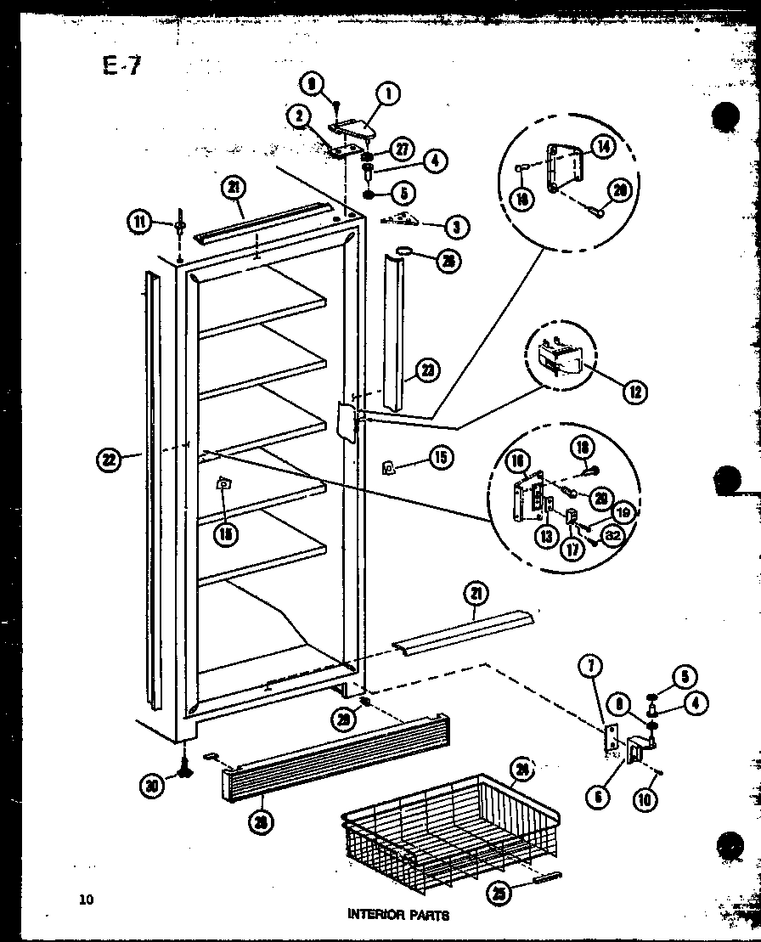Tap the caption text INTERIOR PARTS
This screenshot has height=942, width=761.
[397, 915]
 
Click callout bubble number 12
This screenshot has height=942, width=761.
[634, 392]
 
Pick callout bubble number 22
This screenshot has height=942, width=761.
[107, 460]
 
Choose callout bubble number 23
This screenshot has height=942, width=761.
[430, 369]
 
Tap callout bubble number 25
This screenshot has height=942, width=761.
[499, 892]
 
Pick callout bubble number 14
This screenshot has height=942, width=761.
[602, 146]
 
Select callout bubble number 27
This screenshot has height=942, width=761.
[402, 149]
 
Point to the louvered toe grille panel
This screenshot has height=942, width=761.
[335, 756]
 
